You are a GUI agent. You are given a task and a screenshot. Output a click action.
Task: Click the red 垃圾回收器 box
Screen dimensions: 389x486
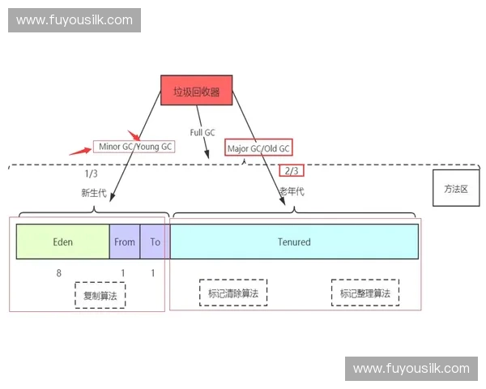click(196, 91)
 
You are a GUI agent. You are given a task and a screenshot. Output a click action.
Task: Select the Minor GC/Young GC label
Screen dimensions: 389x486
click(134, 147)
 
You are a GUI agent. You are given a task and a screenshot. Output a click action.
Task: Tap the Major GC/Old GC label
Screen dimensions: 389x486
click(258, 148)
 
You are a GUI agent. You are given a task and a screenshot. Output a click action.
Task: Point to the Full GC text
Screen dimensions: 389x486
click(202, 132)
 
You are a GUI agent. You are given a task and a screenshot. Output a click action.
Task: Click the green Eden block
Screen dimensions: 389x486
click(63, 242)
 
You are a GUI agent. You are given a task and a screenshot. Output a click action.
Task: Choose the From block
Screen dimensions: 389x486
click(125, 242)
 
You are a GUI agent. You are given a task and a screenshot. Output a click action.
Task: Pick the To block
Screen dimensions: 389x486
click(155, 242)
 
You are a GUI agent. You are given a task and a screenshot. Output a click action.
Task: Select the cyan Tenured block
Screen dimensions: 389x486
click(294, 242)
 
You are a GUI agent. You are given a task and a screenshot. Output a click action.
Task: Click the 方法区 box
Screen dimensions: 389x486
click(456, 188)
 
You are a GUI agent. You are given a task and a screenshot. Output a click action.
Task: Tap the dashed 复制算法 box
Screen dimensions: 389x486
click(100, 296)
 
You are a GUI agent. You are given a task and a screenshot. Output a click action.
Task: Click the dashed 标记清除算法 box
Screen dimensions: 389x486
click(233, 293)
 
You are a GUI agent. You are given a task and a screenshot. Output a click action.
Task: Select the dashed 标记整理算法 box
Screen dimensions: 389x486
click(364, 293)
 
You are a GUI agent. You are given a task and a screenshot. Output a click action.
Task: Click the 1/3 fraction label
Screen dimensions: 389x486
click(91, 174)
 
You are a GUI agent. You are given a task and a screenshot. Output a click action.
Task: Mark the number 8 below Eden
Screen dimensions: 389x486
click(59, 273)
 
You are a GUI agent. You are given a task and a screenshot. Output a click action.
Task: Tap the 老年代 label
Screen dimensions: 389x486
click(292, 191)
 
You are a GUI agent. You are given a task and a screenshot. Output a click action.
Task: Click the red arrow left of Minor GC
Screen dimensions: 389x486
click(79, 149)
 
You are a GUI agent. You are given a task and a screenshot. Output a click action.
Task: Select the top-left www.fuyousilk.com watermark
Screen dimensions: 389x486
click(75, 19)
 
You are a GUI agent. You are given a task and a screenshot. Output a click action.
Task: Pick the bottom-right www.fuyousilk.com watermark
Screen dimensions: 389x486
click(411, 369)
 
